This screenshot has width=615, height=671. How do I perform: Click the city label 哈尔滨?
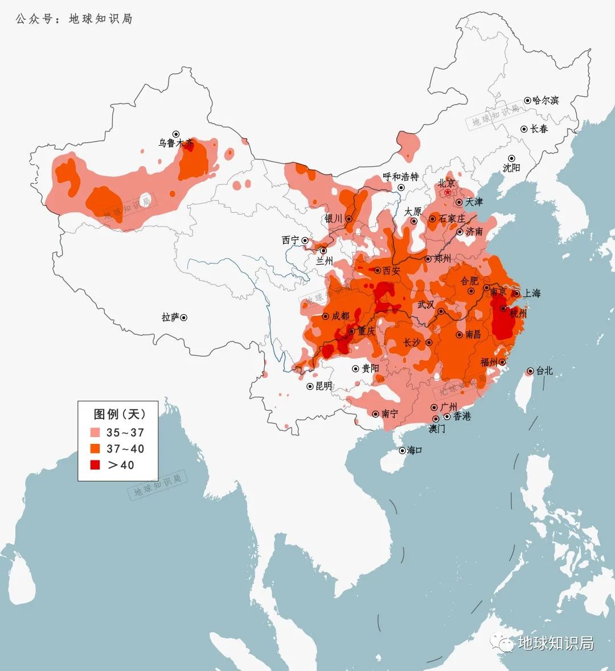tap(546, 100)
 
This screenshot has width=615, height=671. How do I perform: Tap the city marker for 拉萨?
tap(183, 318)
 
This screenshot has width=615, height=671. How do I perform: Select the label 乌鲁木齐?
tap(176, 143)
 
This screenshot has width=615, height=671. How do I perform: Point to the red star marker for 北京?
tap(448, 194)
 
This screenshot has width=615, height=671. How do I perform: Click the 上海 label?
tap(531, 293)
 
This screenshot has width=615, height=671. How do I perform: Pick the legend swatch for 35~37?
tap(95, 433)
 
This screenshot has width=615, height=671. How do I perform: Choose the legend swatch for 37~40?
tap(95, 448)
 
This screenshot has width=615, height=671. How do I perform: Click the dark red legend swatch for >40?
tap(95, 465)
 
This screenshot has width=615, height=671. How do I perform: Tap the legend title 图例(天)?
tap(120, 413)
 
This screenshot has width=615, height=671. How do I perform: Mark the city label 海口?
tap(415, 450)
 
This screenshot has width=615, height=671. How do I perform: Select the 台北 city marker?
tap(530, 371)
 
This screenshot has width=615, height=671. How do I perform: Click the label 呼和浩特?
tap(400, 177)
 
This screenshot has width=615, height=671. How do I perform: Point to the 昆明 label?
tap(323, 386)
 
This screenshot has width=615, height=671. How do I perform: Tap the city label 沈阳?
tap(511, 168)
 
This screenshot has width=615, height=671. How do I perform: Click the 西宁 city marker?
tap(305, 241)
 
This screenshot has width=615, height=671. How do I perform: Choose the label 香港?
tap(462, 416)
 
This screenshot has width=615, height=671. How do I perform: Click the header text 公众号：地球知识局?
tap(74, 19)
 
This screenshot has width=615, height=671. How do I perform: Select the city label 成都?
tap(341, 316)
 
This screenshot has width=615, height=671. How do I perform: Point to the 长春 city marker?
tap(524, 129)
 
